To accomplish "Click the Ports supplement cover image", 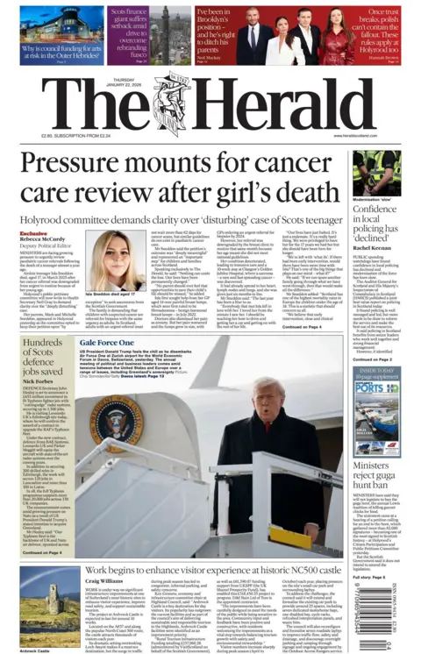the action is pyautogui.click(x=377, y=395).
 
